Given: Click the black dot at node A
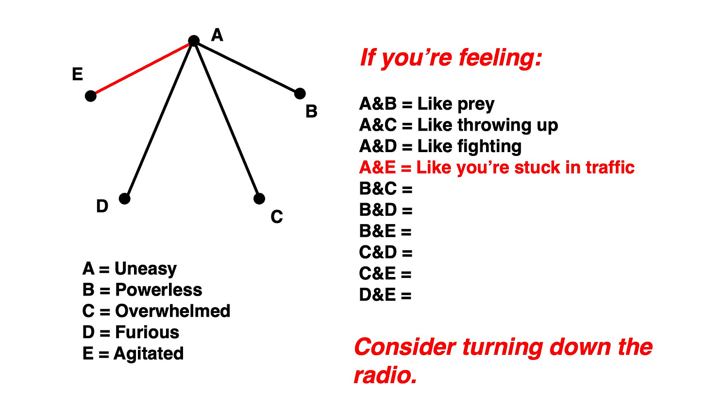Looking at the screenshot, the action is [194, 41].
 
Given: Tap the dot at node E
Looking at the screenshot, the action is [91, 96].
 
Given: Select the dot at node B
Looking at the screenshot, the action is [300, 93].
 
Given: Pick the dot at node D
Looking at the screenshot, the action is [125, 198].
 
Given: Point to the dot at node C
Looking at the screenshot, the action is [259, 198].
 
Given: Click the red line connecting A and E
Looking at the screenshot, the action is [142, 69].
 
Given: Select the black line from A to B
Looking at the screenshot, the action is [247, 67].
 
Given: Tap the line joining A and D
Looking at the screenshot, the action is [159, 120].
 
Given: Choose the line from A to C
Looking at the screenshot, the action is [226, 120].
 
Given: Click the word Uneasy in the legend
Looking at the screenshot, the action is [146, 269].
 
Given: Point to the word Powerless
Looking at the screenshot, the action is [158, 290].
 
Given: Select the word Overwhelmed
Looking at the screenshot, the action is [172, 311].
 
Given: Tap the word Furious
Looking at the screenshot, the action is [147, 332].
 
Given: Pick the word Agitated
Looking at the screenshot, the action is [149, 353].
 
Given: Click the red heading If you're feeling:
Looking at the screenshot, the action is [450, 59].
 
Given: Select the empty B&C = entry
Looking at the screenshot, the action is [386, 189].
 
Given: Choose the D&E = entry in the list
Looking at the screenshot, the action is [385, 295].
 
